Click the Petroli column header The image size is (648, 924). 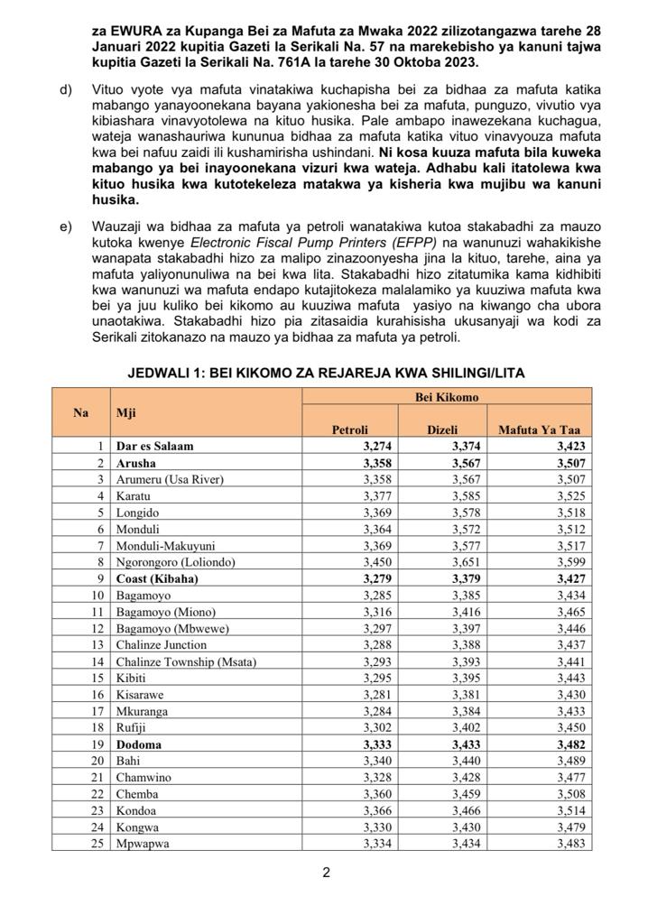350,430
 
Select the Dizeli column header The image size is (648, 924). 442,430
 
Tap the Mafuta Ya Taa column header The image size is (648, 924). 540,430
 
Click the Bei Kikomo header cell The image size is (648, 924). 447,396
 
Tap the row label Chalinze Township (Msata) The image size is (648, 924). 186,661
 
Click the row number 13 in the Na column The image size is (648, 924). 98,644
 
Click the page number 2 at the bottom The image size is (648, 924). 326,873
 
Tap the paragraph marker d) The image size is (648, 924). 66,90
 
